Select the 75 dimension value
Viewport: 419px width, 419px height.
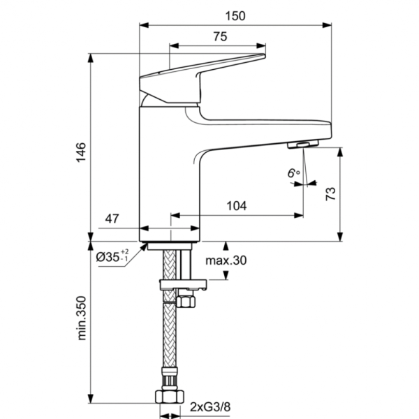point(219,38)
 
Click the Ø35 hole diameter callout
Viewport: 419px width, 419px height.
point(112,257)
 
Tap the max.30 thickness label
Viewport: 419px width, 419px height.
point(226,261)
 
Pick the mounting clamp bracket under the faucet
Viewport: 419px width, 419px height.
point(184,284)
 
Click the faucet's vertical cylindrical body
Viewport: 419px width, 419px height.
point(170,175)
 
